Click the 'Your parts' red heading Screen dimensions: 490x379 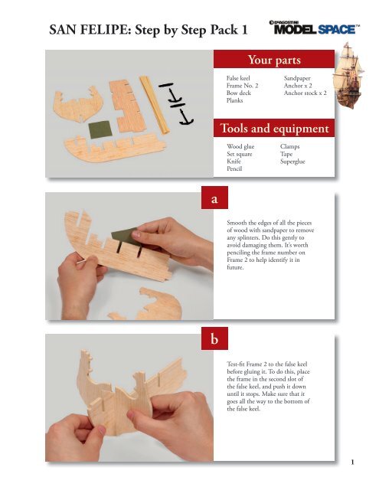click(273, 60)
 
